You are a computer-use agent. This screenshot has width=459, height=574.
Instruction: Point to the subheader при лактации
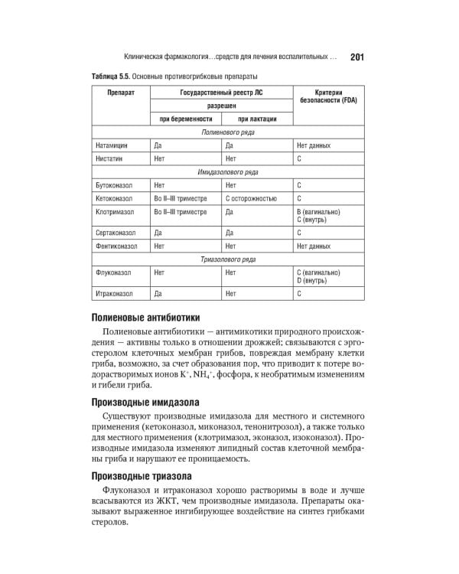tap(256, 119)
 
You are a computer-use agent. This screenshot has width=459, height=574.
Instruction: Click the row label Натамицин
tap(112, 145)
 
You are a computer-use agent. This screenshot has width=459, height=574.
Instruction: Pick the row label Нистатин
tap(110, 158)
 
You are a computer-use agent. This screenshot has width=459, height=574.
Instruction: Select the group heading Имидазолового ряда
tap(228, 172)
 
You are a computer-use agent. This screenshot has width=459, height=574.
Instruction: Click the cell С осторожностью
tap(252, 198)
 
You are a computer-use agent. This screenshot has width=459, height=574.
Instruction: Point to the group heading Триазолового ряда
tap(228, 259)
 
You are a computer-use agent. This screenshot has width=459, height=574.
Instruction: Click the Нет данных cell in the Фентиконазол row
tap(314, 246)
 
